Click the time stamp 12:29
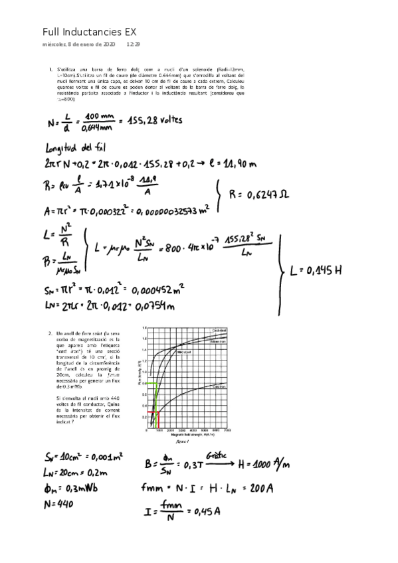pos(133,44)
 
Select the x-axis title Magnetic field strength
pos(185,434)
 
